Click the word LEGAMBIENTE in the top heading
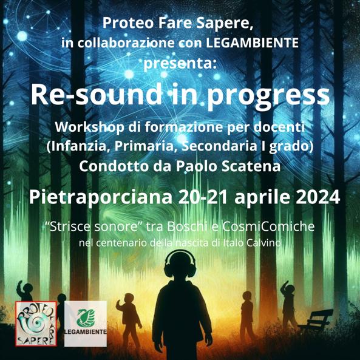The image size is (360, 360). point(252,42)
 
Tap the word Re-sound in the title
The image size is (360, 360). point(96,94)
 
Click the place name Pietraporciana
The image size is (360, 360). point(100,197)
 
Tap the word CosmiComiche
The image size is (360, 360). point(268,226)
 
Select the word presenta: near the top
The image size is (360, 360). point(180,63)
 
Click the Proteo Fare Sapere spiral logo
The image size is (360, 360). point(36,324)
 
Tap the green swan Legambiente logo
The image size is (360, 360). point(86,324)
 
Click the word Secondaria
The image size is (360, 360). point(219,147)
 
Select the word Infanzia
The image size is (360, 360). point(78,147)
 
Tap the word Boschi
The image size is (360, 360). point(187,226)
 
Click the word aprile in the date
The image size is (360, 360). point(262,197)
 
